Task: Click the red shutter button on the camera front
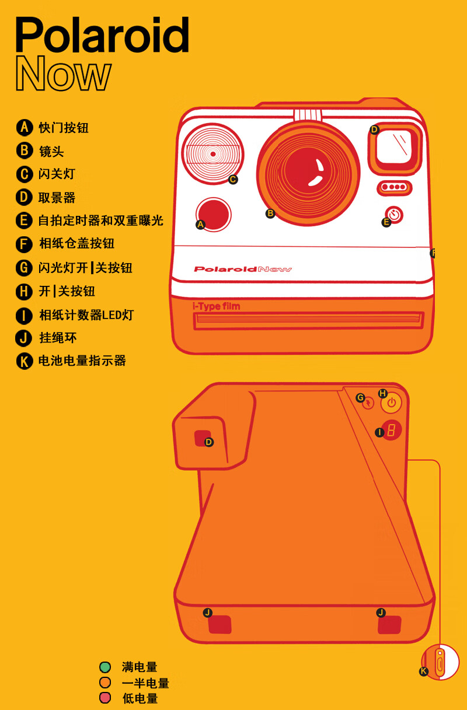[214, 215]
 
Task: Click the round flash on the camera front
[213, 154]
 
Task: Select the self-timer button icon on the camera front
[395, 215]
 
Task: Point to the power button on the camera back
[392, 403]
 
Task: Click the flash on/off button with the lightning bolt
[368, 403]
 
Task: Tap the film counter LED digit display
[392, 431]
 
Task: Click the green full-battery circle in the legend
[104, 667]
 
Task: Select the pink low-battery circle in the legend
[104, 698]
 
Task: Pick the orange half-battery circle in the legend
[104, 682]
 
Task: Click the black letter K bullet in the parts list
[24, 361]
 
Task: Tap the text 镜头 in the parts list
[51, 151]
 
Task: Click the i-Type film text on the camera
[217, 306]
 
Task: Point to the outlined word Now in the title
[64, 74]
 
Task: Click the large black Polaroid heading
[102, 34]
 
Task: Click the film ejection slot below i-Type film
[308, 320]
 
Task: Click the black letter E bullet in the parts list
[24, 221]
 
